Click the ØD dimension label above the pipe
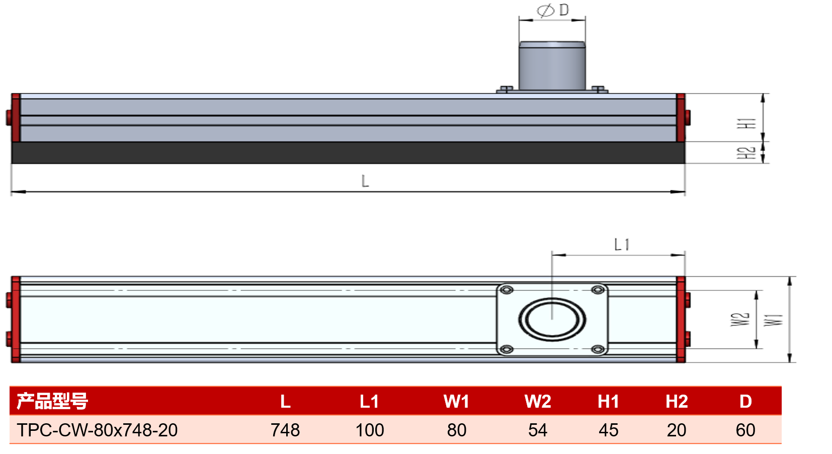(x=553, y=11)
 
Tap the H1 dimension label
(x=746, y=123)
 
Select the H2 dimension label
(x=746, y=153)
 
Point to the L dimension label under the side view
(x=365, y=181)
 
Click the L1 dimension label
(x=622, y=245)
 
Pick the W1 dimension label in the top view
(x=774, y=320)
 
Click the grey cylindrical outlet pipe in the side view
(x=552, y=66)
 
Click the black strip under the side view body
(x=348, y=153)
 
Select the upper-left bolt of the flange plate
(x=507, y=290)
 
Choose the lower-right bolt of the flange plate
(x=598, y=349)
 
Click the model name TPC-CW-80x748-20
(x=97, y=430)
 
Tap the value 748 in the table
(x=285, y=430)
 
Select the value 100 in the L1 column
(x=370, y=430)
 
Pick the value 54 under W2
(x=537, y=430)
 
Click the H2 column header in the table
(x=677, y=401)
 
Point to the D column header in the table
(x=745, y=401)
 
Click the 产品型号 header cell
(x=52, y=401)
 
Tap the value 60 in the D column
(x=745, y=430)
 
